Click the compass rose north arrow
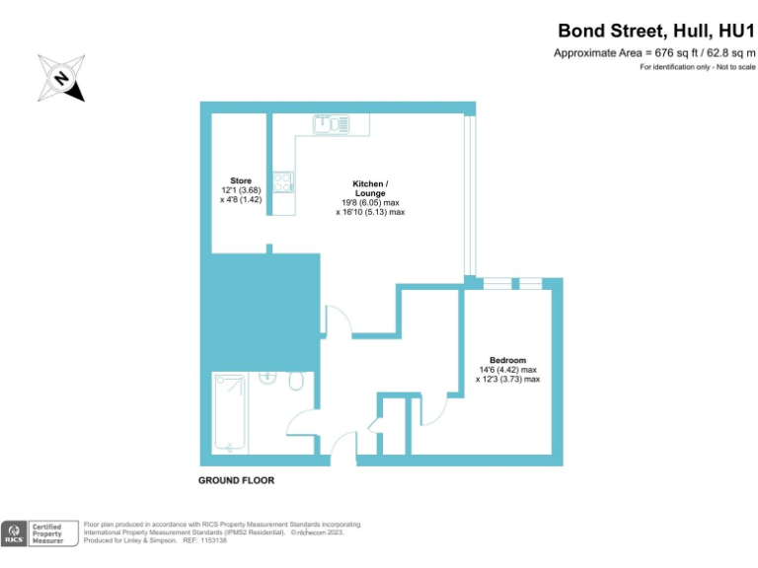coord(62,78)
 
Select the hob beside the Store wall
coord(283,181)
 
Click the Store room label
coord(241,180)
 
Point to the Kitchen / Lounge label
coord(370,184)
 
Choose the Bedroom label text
coord(507,360)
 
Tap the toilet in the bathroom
coord(297,382)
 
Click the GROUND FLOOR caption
coord(236,480)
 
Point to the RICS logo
coord(14,533)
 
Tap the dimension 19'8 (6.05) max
coord(370,202)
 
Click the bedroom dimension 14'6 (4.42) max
coord(508,370)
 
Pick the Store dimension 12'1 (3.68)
coord(241,189)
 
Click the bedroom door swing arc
coord(435,410)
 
